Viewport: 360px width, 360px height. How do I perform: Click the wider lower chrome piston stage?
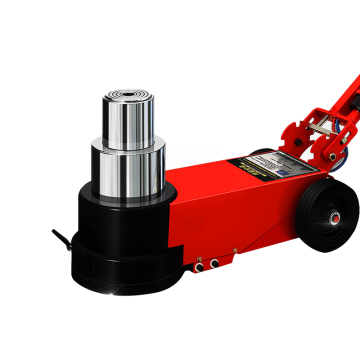(x=127, y=170)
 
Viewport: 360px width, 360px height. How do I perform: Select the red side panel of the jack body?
(x=240, y=215)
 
